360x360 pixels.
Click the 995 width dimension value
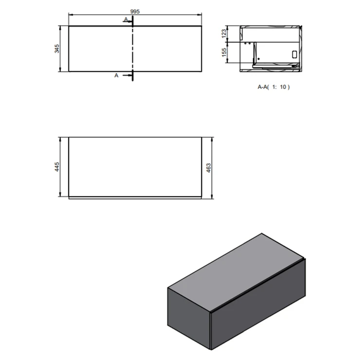click(x=135, y=11)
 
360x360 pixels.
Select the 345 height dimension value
click(x=57, y=49)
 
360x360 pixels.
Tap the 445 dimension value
click(x=57, y=167)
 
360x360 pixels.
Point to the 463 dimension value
click(x=209, y=168)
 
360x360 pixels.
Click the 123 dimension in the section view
click(x=224, y=34)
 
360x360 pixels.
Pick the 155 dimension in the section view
click(x=224, y=53)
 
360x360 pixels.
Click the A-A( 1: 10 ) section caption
click(x=274, y=87)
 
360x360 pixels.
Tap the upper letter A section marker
click(x=126, y=19)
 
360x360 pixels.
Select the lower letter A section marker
click(x=116, y=75)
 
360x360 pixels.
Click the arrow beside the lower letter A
click(x=127, y=75)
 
